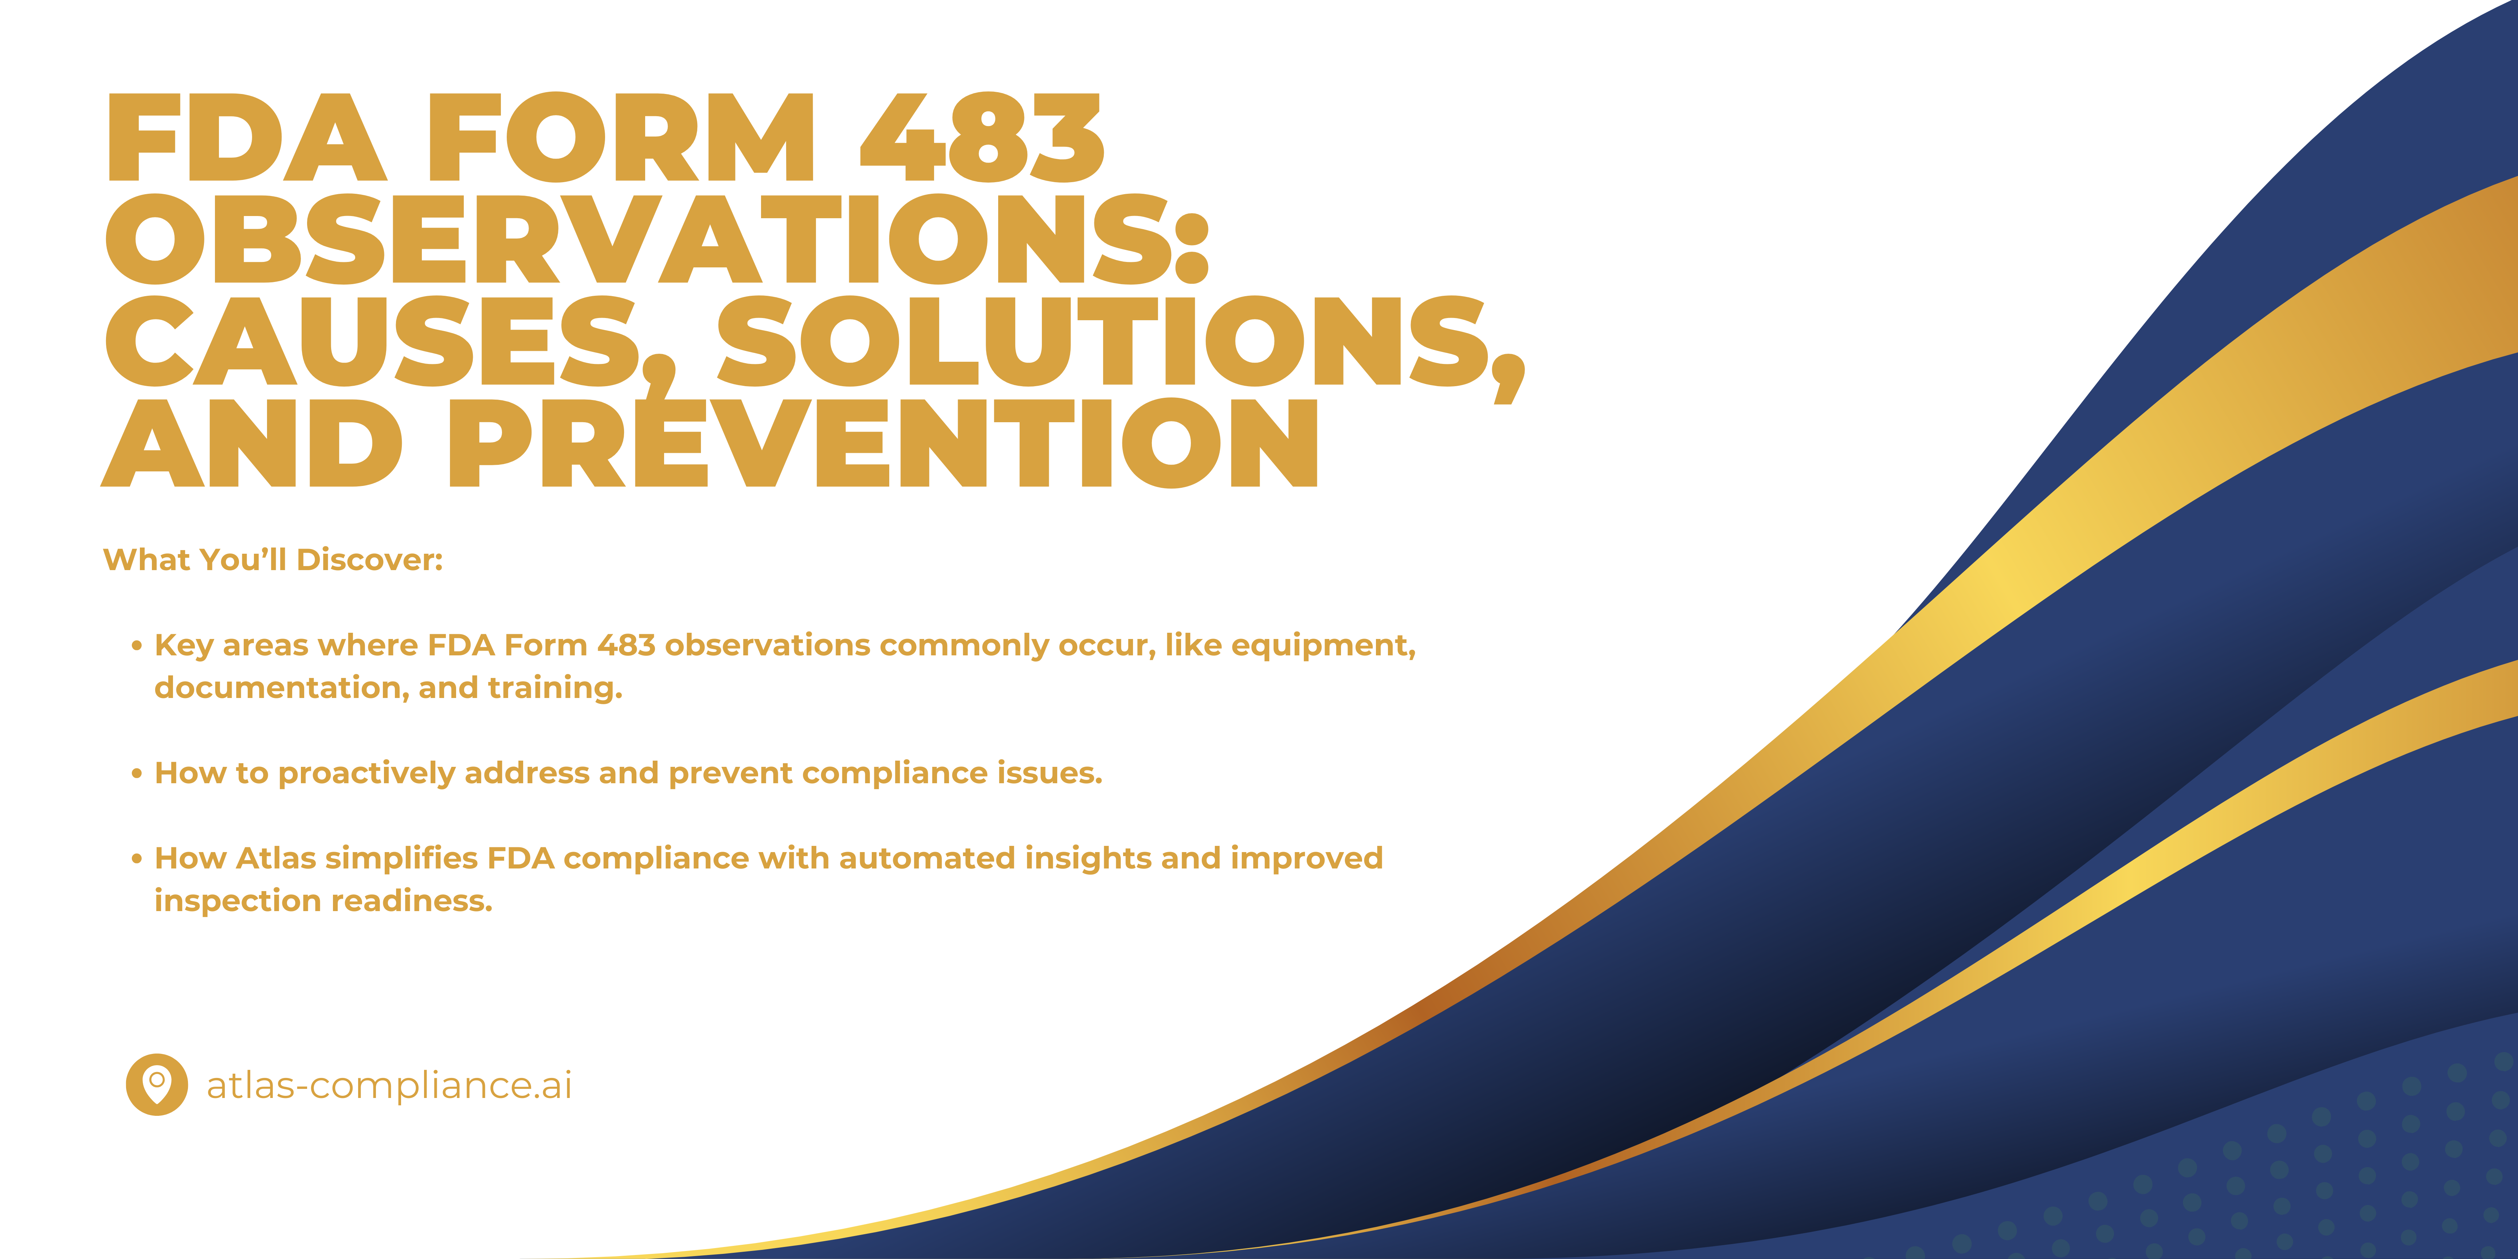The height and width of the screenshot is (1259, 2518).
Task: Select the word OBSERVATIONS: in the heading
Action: (x=657, y=239)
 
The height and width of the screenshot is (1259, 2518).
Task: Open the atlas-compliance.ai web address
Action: (x=389, y=1085)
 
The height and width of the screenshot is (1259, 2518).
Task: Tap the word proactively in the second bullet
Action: (x=366, y=773)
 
